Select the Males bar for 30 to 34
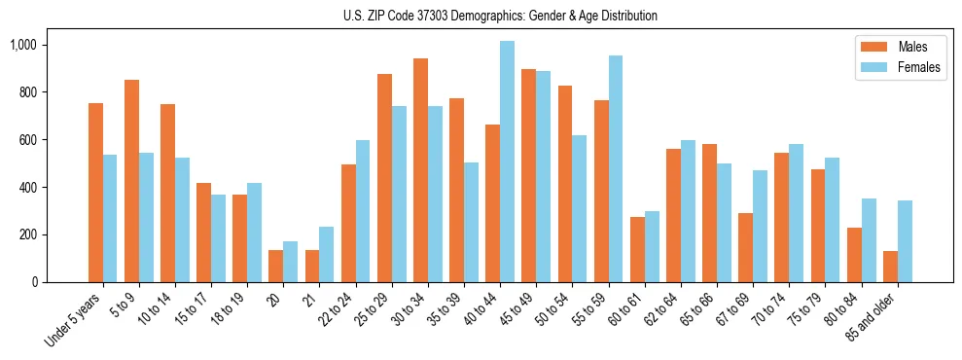point(420,170)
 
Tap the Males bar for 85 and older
point(890,267)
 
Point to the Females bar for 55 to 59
point(616,168)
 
